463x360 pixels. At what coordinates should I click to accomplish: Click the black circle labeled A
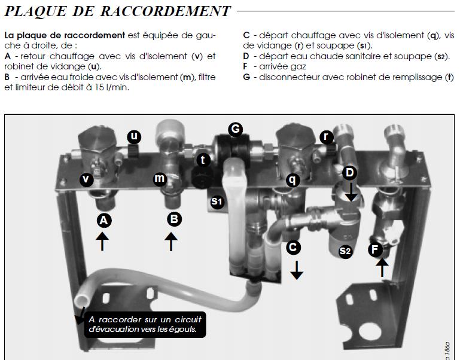tap(103, 221)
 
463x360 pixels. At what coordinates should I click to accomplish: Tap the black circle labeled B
tap(173, 219)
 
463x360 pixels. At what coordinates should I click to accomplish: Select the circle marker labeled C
tap(293, 246)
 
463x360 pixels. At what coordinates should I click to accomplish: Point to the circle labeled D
tap(351, 173)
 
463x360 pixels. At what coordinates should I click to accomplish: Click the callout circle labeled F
tap(376, 250)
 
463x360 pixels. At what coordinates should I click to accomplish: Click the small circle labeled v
tap(86, 179)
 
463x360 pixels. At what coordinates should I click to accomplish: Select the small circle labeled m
tap(160, 178)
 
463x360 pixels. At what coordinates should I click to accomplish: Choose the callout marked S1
tap(217, 202)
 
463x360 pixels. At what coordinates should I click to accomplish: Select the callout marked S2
tap(345, 251)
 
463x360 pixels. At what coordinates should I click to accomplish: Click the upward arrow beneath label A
tap(103, 242)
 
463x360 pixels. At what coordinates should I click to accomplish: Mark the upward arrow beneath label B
tap(172, 242)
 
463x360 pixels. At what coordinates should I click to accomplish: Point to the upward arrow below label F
tap(382, 267)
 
